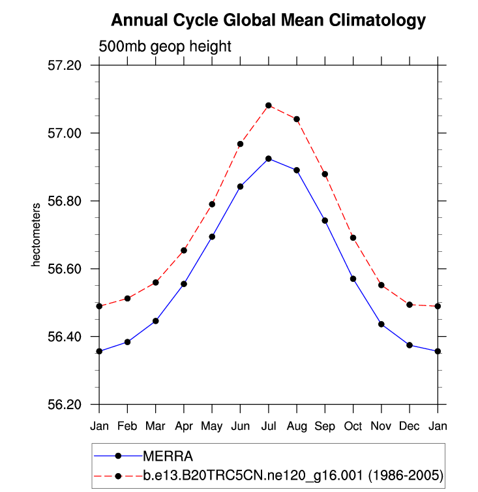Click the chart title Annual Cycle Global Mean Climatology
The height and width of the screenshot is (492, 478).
pyautogui.click(x=268, y=21)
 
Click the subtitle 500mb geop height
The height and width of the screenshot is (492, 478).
pyautogui.click(x=165, y=47)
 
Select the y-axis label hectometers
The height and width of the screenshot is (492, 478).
pyautogui.click(x=37, y=234)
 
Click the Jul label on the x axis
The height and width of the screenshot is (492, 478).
pyautogui.click(x=268, y=426)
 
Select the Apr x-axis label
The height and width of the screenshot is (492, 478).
pyautogui.click(x=183, y=426)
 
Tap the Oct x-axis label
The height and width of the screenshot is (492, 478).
pyautogui.click(x=353, y=426)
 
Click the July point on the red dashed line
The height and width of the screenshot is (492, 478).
pyautogui.click(x=269, y=105)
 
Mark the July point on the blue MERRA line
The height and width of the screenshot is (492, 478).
pyautogui.click(x=269, y=159)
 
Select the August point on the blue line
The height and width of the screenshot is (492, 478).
pyautogui.click(x=297, y=170)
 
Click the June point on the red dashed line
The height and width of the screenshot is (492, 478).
pyautogui.click(x=240, y=144)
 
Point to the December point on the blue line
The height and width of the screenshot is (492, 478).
pyautogui.click(x=410, y=345)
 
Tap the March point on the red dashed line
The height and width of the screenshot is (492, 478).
pyautogui.click(x=155, y=283)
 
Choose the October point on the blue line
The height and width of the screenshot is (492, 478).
pyautogui.click(x=353, y=279)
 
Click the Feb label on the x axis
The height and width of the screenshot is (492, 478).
pyautogui.click(x=127, y=426)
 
